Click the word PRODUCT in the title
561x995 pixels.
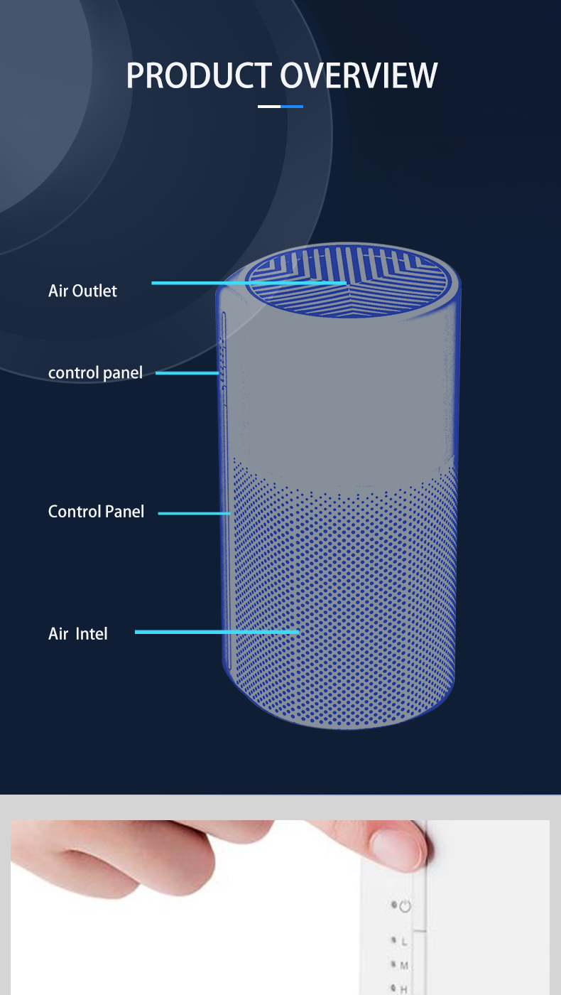(199, 76)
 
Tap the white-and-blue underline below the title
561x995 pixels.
(280, 107)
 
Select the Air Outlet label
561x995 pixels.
(82, 291)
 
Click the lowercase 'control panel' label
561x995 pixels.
(95, 372)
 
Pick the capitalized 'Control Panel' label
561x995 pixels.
(96, 512)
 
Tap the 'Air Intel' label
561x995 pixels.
(78, 633)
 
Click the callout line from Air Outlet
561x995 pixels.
(249, 283)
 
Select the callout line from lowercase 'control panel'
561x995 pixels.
(187, 372)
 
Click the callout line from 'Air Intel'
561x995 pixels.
(217, 631)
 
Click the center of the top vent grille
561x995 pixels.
(348, 282)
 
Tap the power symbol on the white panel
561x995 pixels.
(405, 906)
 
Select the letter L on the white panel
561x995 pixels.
(405, 942)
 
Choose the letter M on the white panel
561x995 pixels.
(405, 965)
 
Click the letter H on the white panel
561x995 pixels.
(404, 989)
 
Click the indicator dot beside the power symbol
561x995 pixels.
(393, 905)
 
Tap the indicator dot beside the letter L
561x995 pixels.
(393, 940)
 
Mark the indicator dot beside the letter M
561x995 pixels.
(393, 964)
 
